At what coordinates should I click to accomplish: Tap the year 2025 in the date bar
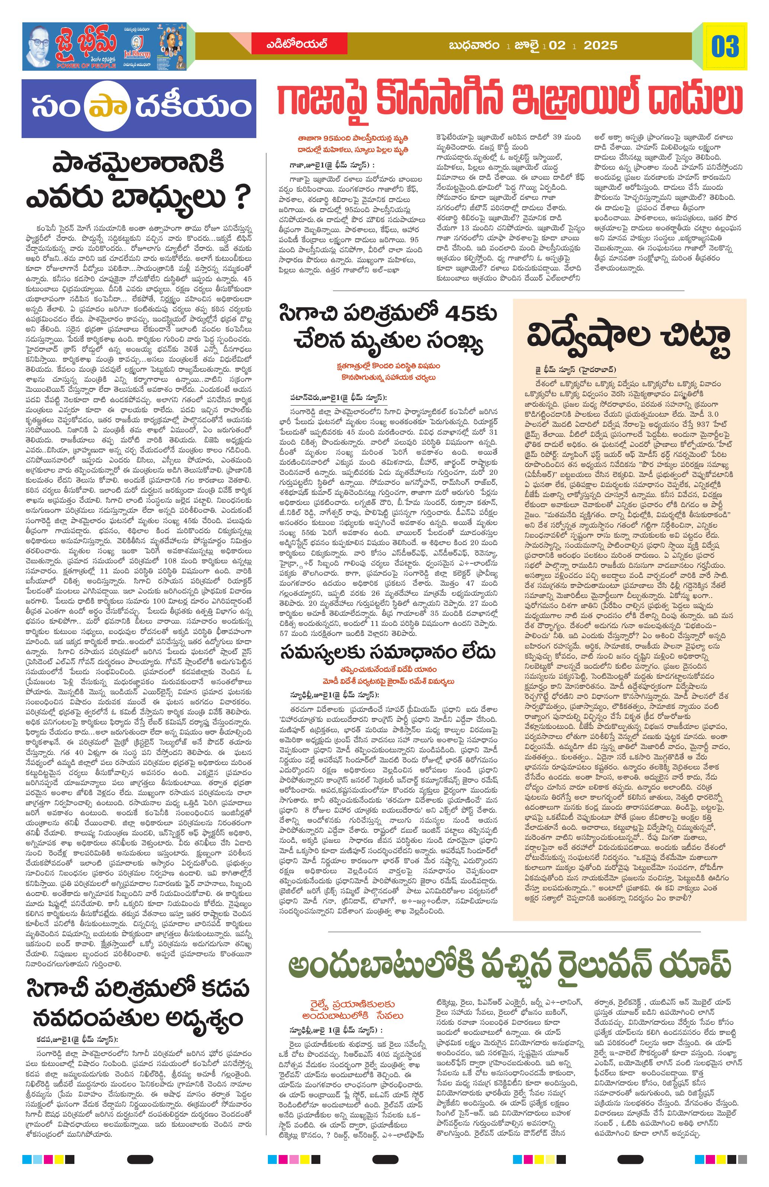[x=600, y=46]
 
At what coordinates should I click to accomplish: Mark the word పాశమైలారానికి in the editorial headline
[x=139, y=164]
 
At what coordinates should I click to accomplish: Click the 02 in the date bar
[x=558, y=46]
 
